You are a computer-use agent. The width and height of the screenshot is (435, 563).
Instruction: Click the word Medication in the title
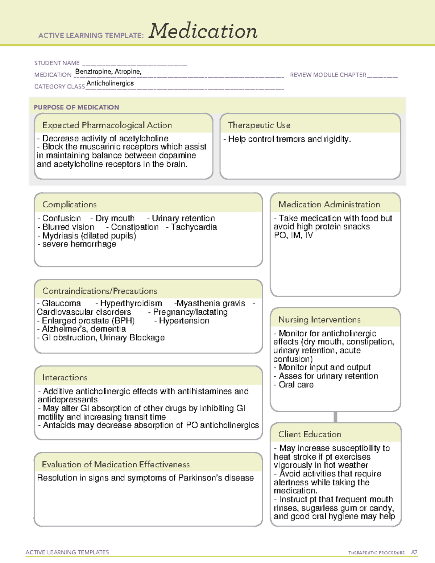pos(203,32)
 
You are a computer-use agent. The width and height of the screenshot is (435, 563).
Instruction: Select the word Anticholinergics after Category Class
pos(110,83)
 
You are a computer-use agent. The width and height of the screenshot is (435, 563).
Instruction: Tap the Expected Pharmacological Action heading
pos(107,125)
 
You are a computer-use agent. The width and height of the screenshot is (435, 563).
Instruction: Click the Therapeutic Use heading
pos(259,125)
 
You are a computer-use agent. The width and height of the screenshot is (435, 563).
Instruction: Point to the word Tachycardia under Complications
pos(194,227)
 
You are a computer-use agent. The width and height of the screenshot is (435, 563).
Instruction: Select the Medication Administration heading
pos(329,205)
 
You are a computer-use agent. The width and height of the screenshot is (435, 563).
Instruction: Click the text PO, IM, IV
pos(293,236)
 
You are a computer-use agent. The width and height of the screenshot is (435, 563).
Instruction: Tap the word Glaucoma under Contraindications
pos(61,303)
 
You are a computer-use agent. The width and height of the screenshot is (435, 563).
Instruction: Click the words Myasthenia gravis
pos(211,303)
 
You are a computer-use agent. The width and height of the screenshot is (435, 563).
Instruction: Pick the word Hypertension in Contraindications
pos(184,321)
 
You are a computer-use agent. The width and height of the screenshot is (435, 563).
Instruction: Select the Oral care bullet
pos(296,385)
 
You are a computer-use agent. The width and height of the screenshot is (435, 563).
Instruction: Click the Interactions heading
pos(65,378)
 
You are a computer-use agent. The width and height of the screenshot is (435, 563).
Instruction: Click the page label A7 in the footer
pos(414,552)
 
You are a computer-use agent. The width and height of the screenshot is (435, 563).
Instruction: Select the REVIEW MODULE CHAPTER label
pos(328,75)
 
